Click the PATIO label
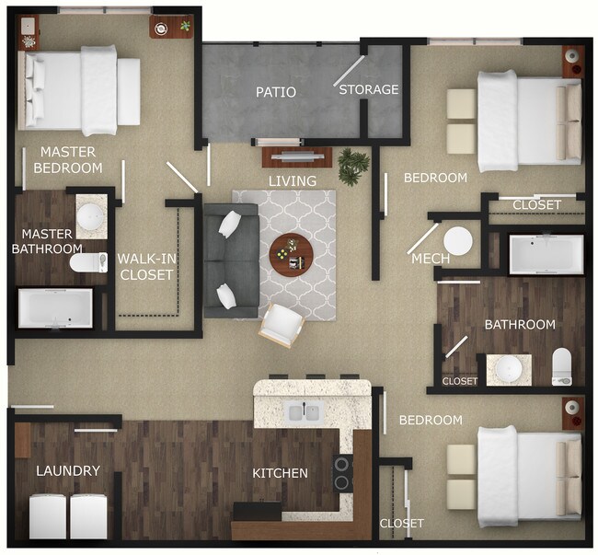coord(276,92)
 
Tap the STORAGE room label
coord(369,89)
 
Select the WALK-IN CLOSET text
coord(146,266)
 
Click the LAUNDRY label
coord(67,470)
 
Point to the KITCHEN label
coord(280,473)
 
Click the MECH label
coord(431,259)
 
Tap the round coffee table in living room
coord(292,251)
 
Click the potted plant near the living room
coord(353,166)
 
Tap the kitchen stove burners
coord(342,473)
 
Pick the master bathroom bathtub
coord(56,309)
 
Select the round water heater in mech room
coord(457,241)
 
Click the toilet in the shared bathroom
coord(561,367)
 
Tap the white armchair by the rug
coord(282,324)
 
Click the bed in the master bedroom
coord(82,89)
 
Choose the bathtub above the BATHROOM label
coord(546,254)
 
